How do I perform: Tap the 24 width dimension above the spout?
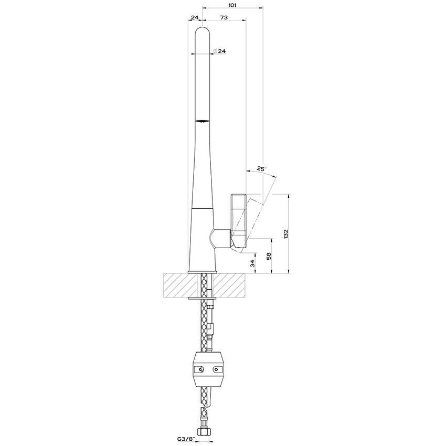click(x=195, y=17)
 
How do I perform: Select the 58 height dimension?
click(x=268, y=256)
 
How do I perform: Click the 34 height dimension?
click(x=252, y=263)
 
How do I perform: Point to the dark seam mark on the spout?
click(x=203, y=122)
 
